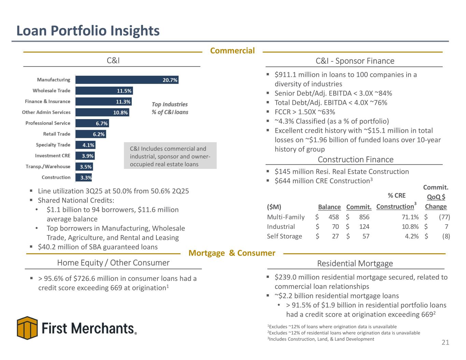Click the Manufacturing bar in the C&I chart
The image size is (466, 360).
click(127, 80)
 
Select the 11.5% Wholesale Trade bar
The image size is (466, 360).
click(104, 91)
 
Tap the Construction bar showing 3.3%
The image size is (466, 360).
click(84, 177)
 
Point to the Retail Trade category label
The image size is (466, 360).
click(57, 134)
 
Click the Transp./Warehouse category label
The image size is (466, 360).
click(48, 167)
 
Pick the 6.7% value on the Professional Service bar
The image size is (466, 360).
click(102, 124)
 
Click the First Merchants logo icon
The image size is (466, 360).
click(27, 328)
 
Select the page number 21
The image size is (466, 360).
click(445, 343)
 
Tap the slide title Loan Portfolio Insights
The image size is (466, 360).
click(88, 31)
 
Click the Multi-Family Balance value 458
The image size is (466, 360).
click(334, 217)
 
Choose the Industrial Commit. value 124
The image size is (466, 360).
click(364, 227)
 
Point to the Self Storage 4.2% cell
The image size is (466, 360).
click(411, 236)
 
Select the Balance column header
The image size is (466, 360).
click(329, 207)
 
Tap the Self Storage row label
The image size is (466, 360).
click(284, 236)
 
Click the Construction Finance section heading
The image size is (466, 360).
click(355, 159)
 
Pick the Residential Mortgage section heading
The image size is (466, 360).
click(355, 263)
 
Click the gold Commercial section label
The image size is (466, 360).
click(232, 51)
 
